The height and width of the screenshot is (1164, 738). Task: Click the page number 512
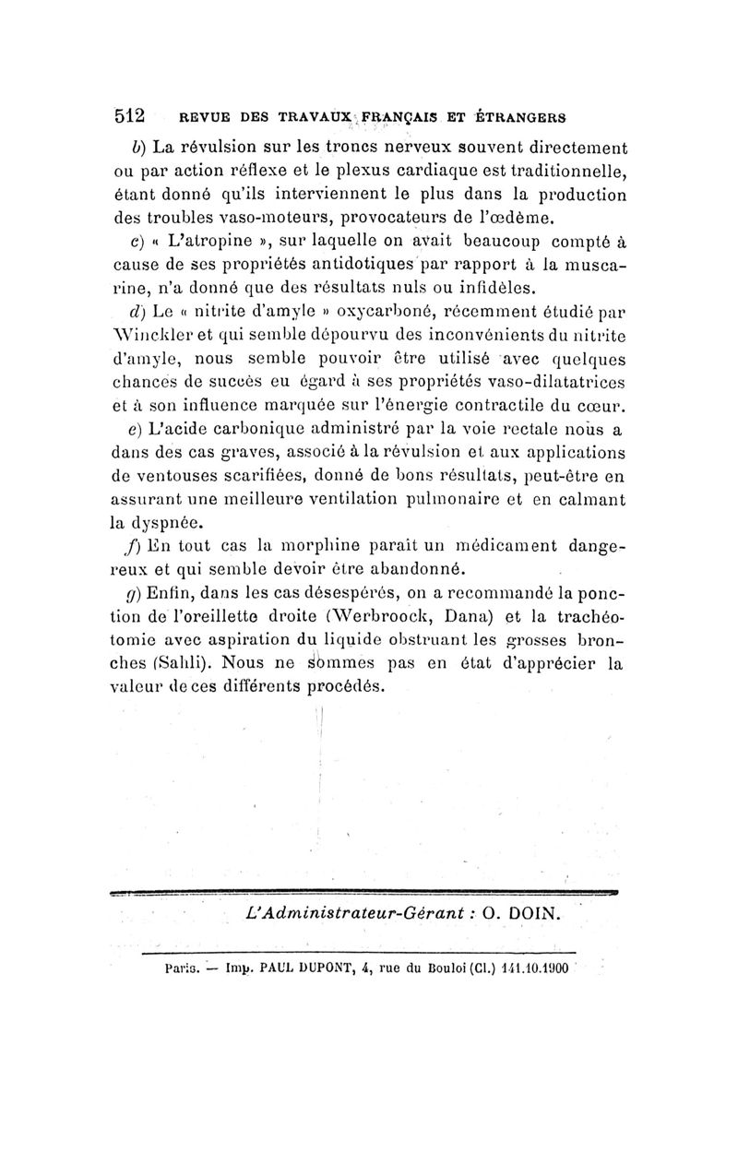130,117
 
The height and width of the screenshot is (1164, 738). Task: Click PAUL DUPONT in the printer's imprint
298,969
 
